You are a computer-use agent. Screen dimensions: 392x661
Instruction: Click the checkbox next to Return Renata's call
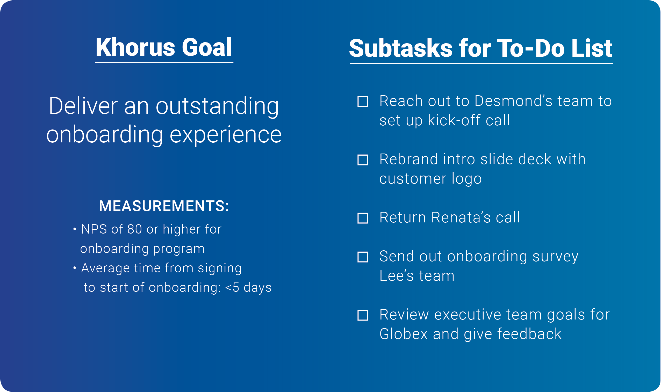click(x=363, y=218)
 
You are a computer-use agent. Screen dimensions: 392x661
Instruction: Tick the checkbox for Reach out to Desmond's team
click(x=363, y=102)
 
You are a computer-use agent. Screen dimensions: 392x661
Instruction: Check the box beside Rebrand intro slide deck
click(x=363, y=160)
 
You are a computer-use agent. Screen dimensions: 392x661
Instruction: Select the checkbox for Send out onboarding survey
click(x=363, y=257)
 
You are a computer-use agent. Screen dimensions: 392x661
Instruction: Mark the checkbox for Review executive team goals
click(x=363, y=315)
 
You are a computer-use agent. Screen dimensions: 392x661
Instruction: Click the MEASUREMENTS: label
click(x=164, y=206)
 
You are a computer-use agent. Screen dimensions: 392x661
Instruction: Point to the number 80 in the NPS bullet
click(x=135, y=229)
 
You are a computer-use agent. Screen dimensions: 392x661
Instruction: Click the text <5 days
click(x=248, y=287)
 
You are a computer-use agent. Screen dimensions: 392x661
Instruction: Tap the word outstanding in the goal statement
click(x=217, y=106)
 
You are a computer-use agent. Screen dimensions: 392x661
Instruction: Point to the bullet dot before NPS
click(x=75, y=229)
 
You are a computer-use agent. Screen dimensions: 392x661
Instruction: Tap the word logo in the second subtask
click(x=466, y=179)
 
